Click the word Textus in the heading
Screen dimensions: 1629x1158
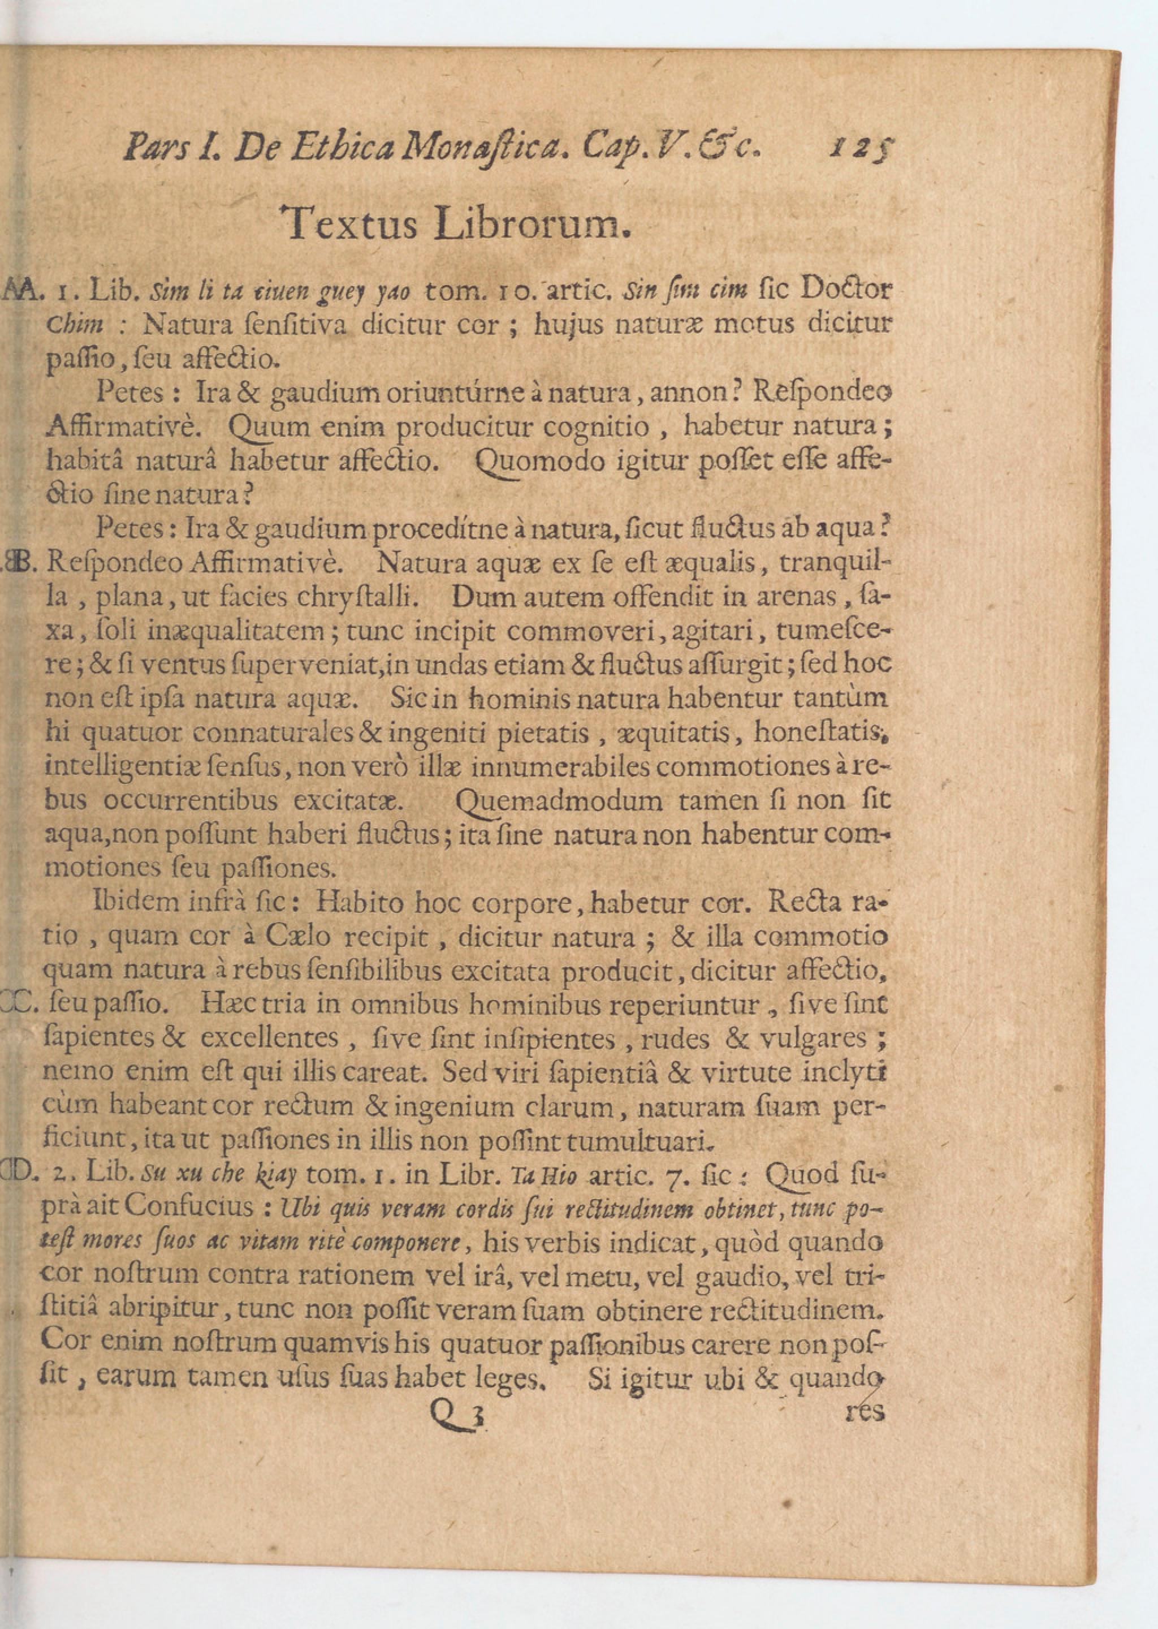point(349,225)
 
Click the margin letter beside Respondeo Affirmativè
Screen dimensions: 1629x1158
point(18,563)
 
